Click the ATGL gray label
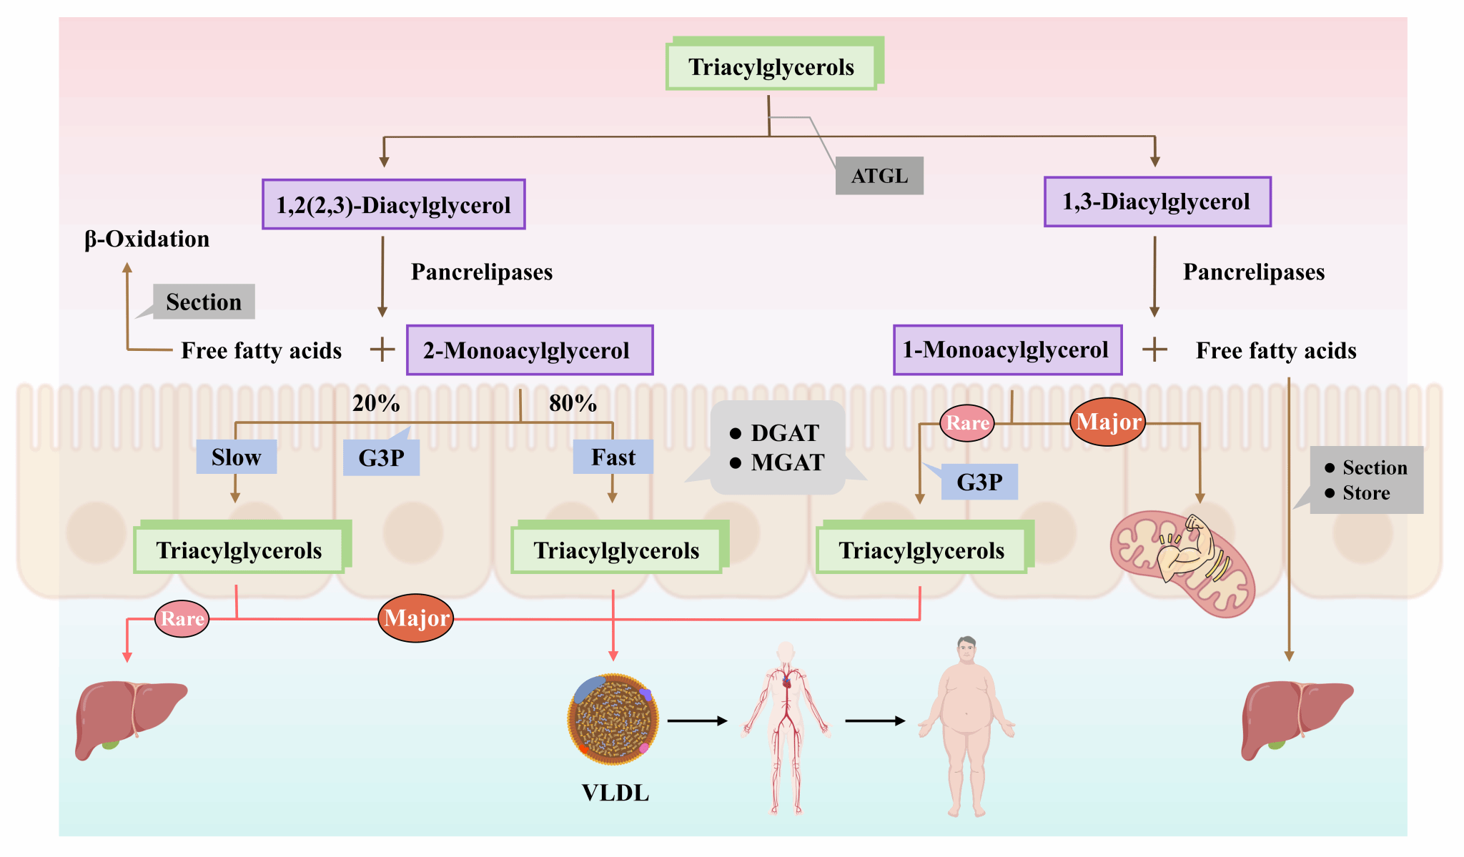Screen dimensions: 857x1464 tap(879, 176)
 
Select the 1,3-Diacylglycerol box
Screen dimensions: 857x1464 tap(1157, 202)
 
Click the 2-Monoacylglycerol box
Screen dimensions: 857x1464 tap(529, 350)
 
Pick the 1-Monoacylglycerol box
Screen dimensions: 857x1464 tap(1006, 350)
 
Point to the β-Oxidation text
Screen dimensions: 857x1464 tap(147, 239)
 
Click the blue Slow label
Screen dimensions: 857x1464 tap(236, 457)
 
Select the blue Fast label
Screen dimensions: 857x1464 tap(613, 457)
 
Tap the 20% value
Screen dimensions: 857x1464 tap(376, 404)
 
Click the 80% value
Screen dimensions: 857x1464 tap(573, 404)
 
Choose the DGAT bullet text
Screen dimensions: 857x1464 tap(784, 433)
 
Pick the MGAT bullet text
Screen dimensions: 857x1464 tap(787, 463)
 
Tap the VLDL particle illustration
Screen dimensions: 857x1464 tap(613, 719)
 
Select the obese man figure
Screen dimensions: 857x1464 tap(966, 725)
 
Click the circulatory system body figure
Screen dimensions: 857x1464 tap(786, 728)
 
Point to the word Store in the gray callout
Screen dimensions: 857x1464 tap(1366, 493)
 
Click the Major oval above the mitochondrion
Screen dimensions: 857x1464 tap(1108, 422)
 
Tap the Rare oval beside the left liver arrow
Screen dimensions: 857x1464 tap(182, 619)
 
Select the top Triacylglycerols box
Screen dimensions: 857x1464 tap(771, 67)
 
